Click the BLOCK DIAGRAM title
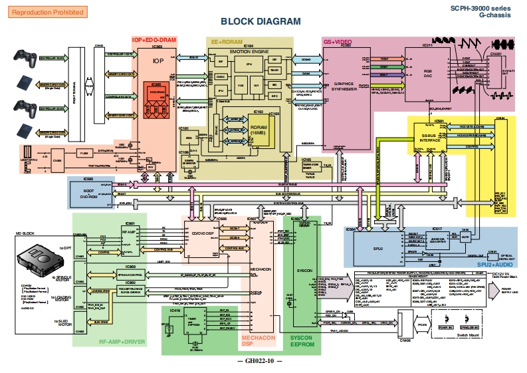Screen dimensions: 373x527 (261, 21)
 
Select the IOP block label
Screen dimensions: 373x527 (158, 61)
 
